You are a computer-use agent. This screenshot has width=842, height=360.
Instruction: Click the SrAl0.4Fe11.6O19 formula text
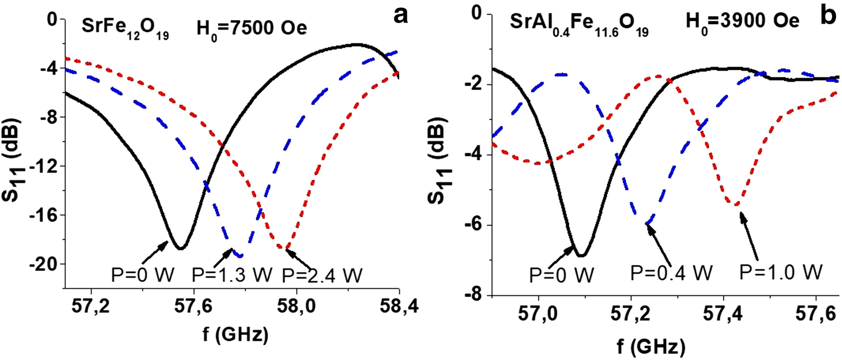click(579, 25)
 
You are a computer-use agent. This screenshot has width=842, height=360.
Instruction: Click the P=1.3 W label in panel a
click(232, 275)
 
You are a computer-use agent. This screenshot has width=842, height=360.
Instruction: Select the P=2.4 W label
click(322, 275)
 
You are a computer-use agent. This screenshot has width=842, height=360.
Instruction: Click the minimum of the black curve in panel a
click(180, 248)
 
